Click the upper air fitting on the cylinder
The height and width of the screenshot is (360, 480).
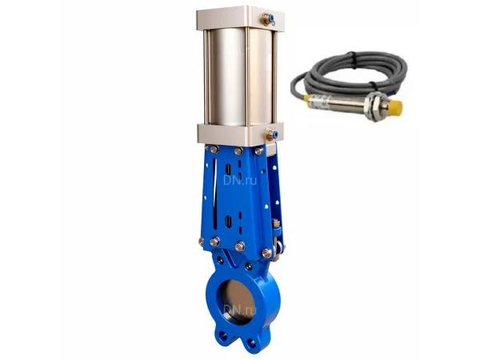coord(268,19)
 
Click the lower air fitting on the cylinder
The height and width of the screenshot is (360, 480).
coord(272,134)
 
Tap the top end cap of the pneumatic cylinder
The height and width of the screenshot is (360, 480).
coord(241,18)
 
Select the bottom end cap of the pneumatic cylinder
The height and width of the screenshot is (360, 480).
coord(240,134)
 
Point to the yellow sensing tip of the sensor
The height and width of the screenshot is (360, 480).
coord(395,108)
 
